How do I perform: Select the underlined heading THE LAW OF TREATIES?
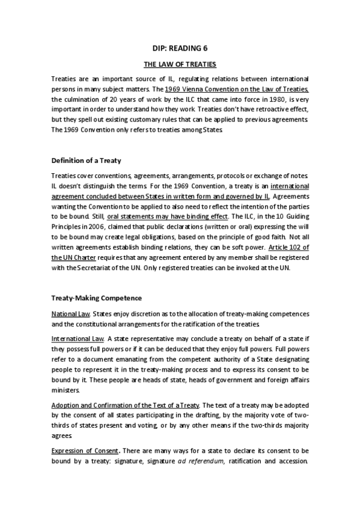[180, 64]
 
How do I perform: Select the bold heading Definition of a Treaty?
[86, 161]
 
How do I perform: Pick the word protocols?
[227, 176]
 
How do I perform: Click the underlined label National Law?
[70, 314]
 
